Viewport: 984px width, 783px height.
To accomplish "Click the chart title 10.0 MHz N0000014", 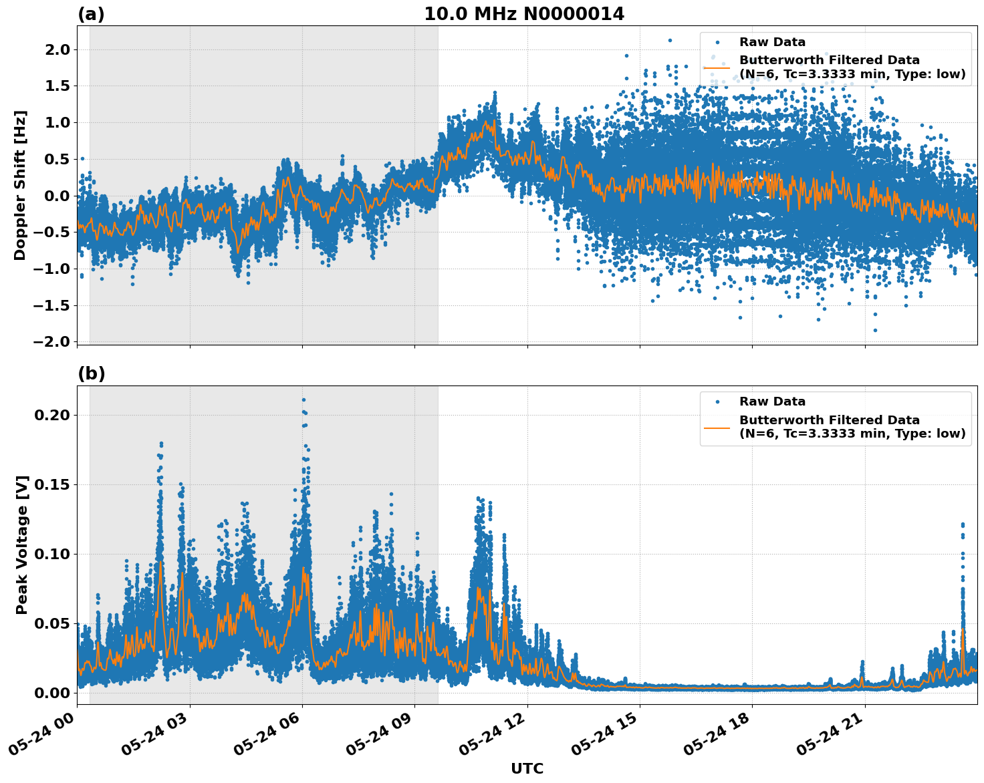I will click(524, 14).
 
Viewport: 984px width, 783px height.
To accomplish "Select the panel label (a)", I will click(91, 14).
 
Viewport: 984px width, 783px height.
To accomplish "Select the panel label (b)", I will click(91, 373).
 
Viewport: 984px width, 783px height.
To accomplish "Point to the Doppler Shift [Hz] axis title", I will click(20, 185).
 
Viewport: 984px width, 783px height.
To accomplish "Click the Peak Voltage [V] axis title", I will click(22, 544).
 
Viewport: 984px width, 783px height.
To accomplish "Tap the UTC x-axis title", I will click(527, 768).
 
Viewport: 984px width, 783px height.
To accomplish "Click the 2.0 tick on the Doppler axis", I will click(56, 49).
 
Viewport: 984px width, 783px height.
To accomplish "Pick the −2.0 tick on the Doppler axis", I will click(51, 341).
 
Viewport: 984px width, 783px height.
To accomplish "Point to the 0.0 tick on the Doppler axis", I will click(56, 196).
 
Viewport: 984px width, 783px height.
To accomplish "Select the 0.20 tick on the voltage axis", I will click(51, 415).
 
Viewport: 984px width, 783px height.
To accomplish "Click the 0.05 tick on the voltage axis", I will click(51, 623).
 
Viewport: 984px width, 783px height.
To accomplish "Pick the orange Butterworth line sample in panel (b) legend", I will click(717, 427).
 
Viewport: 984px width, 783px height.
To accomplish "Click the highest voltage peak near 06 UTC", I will click(303, 400).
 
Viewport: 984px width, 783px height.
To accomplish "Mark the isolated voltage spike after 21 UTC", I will click(963, 525).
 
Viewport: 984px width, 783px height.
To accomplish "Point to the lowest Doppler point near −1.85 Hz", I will click(875, 330).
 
